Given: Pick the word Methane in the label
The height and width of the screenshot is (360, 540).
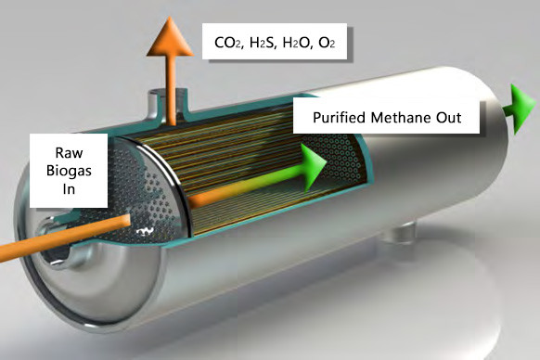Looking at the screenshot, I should point(403,118).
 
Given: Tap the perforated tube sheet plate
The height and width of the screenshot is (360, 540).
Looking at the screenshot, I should point(153,199).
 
